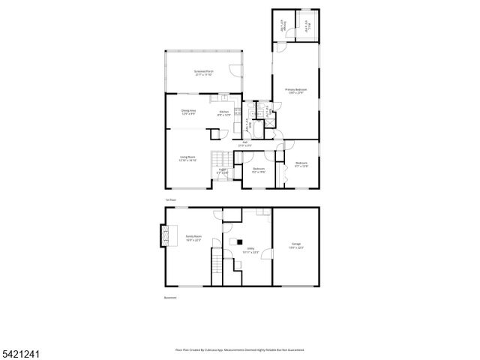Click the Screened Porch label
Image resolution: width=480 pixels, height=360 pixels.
click(x=204, y=73)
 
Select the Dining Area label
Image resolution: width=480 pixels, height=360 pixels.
click(x=188, y=112)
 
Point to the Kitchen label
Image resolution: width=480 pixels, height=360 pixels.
click(x=224, y=113)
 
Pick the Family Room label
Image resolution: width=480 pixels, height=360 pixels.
click(x=193, y=238)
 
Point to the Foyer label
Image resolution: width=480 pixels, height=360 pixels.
click(x=223, y=171)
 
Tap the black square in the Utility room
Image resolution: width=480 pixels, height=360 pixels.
click(x=239, y=241)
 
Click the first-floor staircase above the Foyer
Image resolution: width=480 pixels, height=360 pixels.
click(x=219, y=158)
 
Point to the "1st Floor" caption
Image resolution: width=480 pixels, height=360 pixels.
click(x=171, y=200)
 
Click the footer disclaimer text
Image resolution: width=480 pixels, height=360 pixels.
click(x=239, y=349)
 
